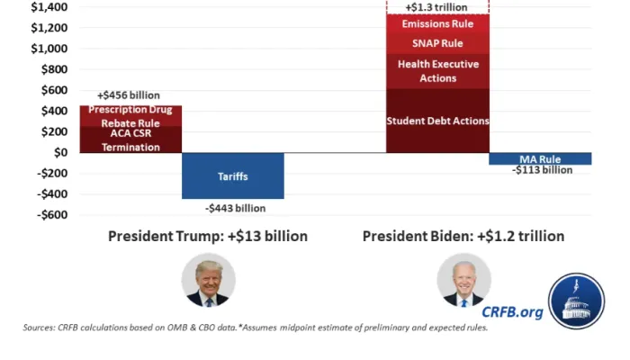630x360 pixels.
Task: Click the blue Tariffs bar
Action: coord(232,175)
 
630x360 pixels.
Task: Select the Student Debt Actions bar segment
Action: coord(437,121)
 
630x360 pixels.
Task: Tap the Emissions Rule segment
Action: coord(437,23)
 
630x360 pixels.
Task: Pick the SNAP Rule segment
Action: coord(437,43)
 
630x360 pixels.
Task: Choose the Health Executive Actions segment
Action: coord(437,71)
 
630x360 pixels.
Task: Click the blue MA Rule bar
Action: coord(540,158)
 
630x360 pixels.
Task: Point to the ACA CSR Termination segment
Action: coord(130,139)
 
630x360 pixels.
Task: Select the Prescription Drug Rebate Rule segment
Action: coord(130,116)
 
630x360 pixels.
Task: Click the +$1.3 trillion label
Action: coord(437,7)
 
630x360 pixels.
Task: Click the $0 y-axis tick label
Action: coord(61,152)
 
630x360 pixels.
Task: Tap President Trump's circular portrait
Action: coord(208,280)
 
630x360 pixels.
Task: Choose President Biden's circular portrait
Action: coord(463,280)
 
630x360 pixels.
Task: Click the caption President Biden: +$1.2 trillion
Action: coord(463,237)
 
